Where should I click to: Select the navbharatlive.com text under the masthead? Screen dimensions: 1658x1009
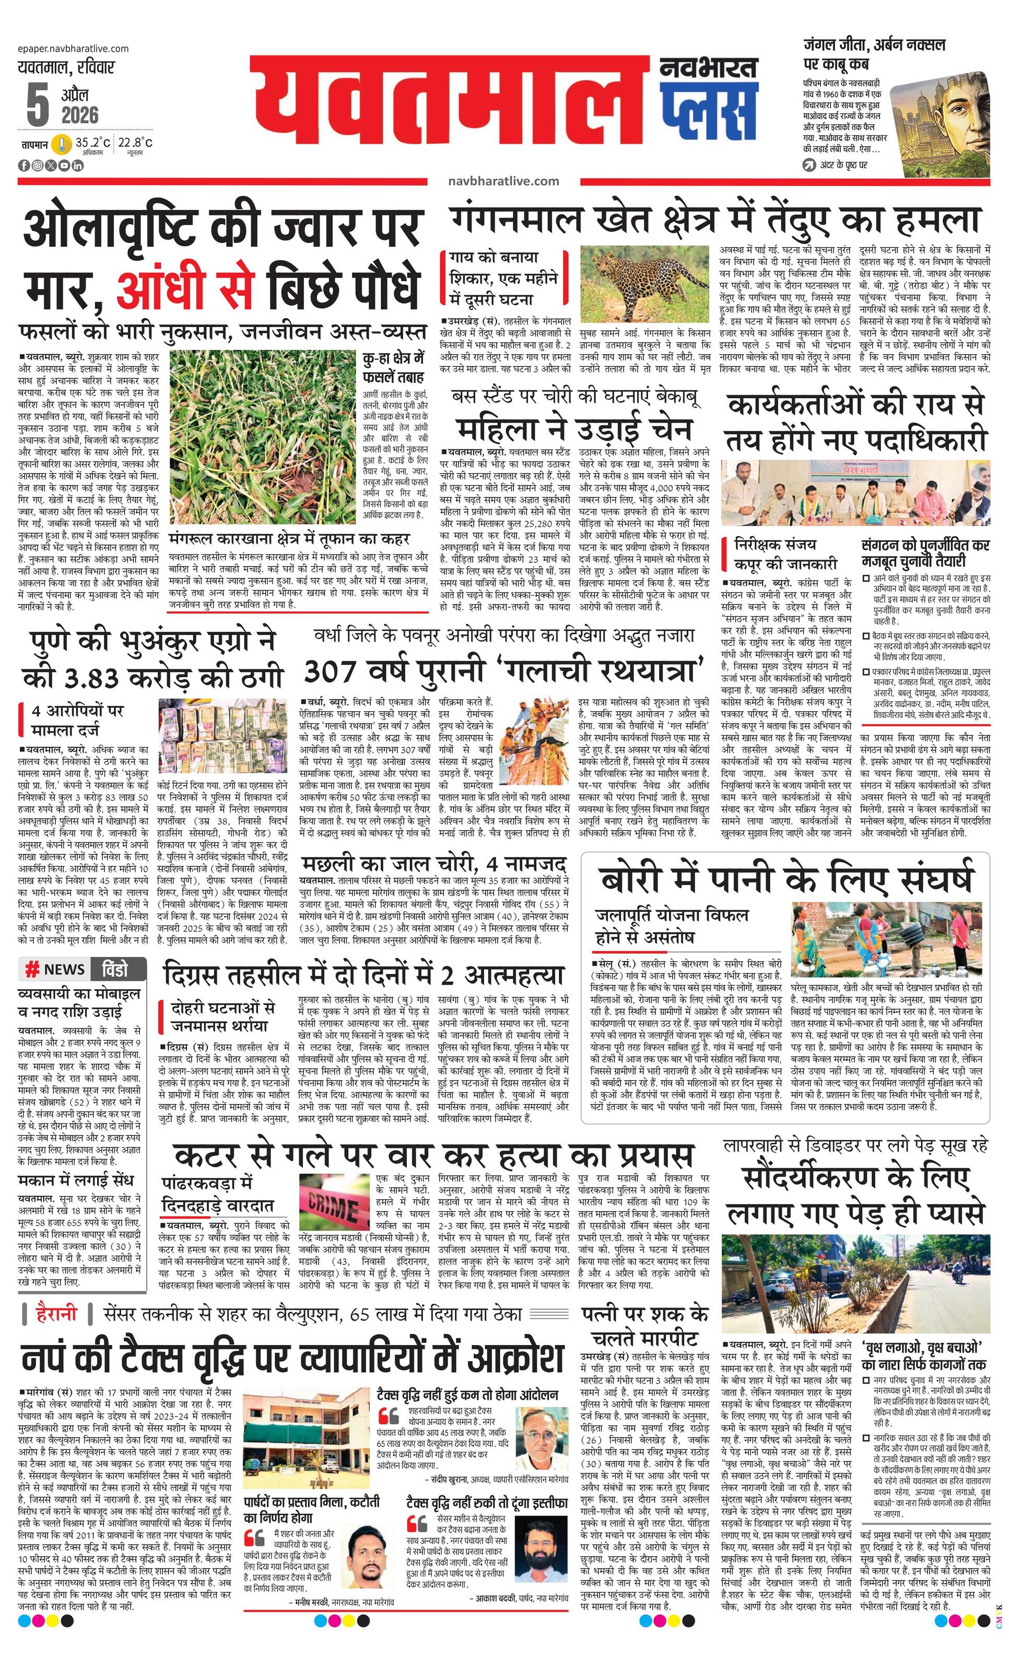tap(503, 181)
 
